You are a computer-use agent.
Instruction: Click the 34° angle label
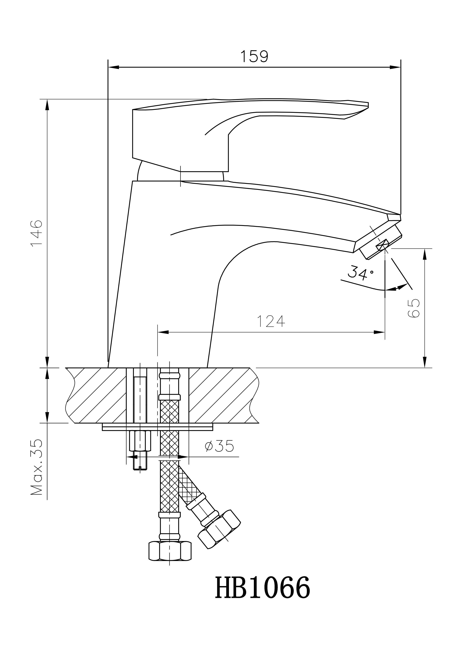[360, 273]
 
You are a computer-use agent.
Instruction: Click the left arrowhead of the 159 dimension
[114, 67]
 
